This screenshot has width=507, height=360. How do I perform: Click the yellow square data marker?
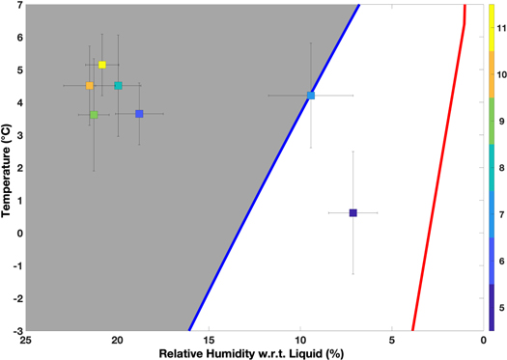[x=102, y=65]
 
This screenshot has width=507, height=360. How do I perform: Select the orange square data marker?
[x=90, y=85]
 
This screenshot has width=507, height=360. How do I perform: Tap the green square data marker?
[x=94, y=115]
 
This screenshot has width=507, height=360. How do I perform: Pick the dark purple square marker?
[x=352, y=212]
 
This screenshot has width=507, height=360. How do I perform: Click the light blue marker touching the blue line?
[x=311, y=96]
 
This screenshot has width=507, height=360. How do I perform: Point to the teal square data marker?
[x=118, y=85]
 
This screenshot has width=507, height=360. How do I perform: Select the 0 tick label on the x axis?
[x=483, y=339]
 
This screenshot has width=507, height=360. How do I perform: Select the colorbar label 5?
[x=500, y=308]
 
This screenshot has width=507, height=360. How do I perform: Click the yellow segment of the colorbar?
[x=493, y=28]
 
